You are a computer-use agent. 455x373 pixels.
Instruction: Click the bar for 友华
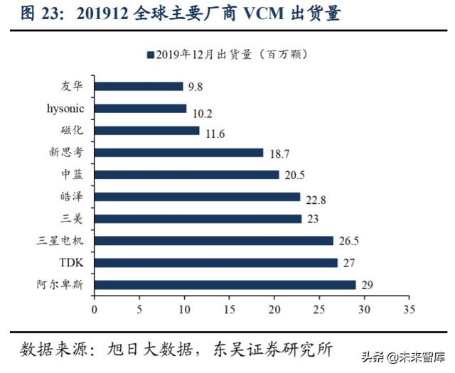139,86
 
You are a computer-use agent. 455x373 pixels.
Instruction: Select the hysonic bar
140,109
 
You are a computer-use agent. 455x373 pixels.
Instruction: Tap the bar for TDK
215,263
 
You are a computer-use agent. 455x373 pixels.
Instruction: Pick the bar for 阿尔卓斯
225,285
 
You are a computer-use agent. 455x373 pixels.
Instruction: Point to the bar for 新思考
178,153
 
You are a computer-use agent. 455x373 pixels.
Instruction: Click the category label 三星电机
63,241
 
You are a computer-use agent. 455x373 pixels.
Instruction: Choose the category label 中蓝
73,174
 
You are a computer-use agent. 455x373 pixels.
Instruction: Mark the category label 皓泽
73,197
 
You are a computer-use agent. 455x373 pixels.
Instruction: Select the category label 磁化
73,131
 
